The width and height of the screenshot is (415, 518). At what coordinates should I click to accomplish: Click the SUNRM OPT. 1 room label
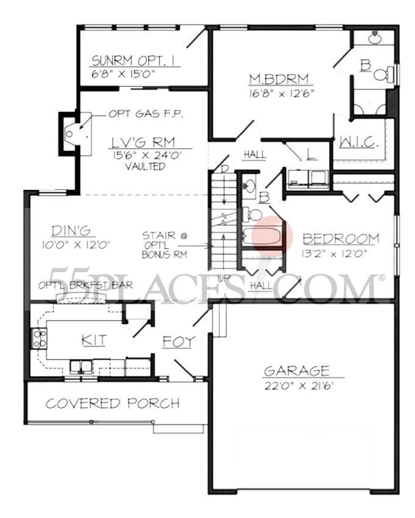133,61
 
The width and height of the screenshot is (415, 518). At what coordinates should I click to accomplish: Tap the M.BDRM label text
279,79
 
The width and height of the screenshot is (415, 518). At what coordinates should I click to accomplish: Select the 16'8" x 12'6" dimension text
281,94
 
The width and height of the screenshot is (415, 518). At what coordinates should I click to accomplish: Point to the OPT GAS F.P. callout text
146,114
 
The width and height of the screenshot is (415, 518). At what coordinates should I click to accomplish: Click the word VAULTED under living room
145,166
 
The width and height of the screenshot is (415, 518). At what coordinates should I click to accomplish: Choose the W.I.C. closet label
359,143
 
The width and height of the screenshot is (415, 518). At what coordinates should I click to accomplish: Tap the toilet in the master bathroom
384,74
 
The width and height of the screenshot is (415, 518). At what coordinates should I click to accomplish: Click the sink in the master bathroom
375,39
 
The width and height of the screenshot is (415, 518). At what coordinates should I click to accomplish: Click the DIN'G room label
71,231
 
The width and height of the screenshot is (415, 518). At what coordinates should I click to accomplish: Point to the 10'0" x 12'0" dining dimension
76,245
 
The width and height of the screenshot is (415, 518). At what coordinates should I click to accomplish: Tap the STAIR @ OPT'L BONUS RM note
165,245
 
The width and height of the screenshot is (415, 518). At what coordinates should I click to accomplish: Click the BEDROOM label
341,238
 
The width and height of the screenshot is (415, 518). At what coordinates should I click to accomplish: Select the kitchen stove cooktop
39,338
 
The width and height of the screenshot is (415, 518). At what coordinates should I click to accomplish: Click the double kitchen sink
81,366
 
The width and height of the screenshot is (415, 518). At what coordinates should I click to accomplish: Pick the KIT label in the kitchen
94,340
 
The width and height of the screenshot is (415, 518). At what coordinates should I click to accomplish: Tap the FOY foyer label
179,342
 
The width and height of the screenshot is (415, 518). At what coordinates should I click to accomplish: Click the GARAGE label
297,371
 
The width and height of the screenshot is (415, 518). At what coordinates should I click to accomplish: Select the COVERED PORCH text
113,404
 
